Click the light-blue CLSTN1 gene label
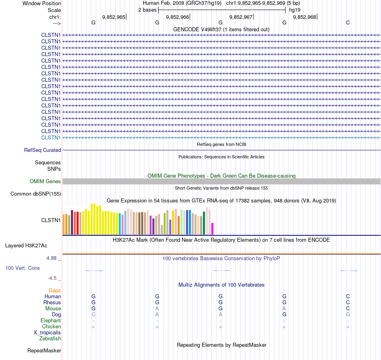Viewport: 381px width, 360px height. point(51,138)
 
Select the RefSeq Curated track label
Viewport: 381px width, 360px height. point(43,150)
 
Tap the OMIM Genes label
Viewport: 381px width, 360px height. point(45,182)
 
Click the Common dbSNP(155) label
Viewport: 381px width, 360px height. point(35,194)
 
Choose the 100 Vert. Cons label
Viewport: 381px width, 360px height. point(23,268)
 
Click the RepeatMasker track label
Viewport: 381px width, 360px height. point(44,351)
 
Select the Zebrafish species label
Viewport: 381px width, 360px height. point(50,339)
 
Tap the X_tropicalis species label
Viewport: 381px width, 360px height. point(47,333)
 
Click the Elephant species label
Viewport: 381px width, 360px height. point(51,321)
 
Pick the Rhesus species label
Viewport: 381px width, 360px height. point(52,302)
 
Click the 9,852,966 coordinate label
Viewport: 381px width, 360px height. point(177,17)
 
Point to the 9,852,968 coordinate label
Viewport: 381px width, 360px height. point(304,17)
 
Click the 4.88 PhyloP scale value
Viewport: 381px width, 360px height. point(51,258)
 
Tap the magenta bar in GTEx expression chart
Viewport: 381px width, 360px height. point(212,229)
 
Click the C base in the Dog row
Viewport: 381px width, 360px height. point(93,315)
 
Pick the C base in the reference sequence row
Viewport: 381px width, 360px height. point(348,23)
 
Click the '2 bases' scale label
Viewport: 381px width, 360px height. point(147,10)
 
